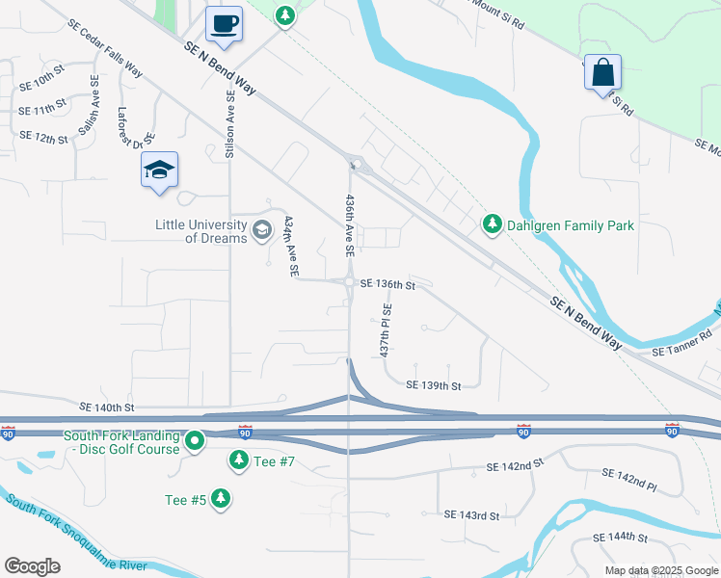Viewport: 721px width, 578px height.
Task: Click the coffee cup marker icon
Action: click(225, 23)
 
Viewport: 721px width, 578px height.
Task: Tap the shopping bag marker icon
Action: click(602, 71)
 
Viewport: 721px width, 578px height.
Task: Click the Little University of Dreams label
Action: click(200, 231)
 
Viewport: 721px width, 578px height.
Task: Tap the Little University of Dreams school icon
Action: click(261, 230)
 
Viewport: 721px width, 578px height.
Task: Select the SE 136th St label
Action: click(387, 284)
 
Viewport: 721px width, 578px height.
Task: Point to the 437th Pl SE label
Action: click(387, 331)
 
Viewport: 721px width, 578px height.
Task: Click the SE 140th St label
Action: click(107, 408)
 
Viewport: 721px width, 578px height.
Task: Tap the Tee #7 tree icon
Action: click(238, 461)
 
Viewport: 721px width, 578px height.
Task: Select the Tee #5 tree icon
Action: click(222, 498)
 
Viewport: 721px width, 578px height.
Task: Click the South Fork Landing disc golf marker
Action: click(195, 442)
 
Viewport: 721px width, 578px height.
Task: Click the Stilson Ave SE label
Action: click(230, 124)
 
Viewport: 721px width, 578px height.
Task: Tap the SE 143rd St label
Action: click(472, 515)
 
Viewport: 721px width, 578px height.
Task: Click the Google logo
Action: click(32, 565)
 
